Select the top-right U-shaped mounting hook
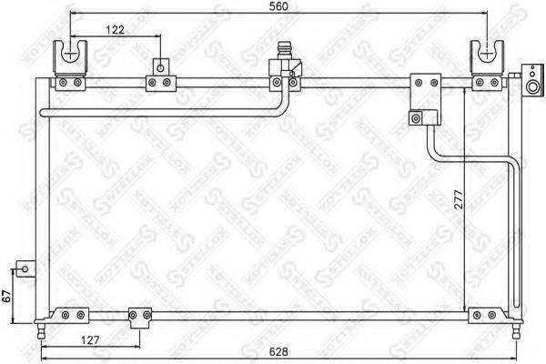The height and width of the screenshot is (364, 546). coord(484,57)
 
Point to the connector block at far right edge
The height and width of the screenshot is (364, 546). coord(531,80)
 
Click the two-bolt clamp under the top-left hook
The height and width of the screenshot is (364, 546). coord(70,84)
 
